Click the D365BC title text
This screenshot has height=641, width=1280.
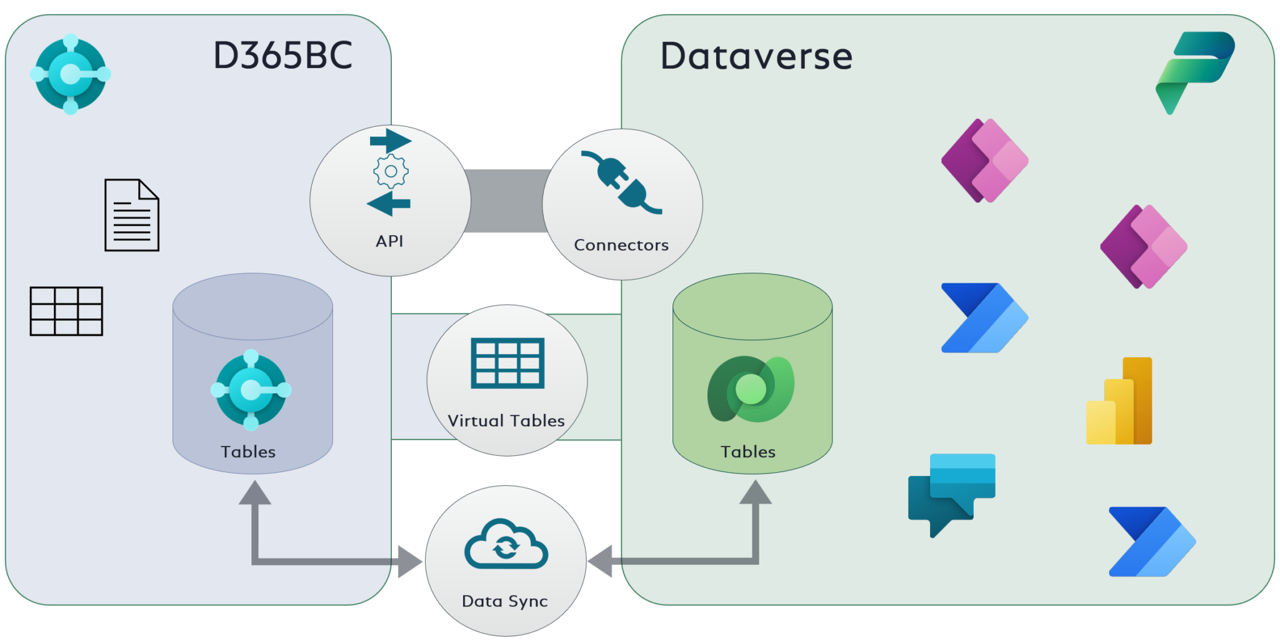tap(282, 56)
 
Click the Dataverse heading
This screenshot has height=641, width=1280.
tap(756, 56)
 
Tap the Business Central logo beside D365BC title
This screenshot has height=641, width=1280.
tap(71, 74)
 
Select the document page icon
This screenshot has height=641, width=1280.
tap(131, 215)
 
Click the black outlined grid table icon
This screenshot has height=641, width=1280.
tap(66, 311)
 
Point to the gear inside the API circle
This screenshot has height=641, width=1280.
tap(391, 171)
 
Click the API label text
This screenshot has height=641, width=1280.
tap(389, 241)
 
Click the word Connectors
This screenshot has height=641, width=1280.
tap(621, 245)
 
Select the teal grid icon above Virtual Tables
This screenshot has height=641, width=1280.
tap(507, 363)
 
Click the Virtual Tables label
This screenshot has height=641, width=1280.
tap(506, 421)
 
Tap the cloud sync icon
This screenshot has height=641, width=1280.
tap(506, 544)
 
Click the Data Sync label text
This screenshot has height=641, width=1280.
tap(504, 601)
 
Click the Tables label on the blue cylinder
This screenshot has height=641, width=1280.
tap(248, 452)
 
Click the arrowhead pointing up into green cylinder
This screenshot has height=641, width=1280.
tap(756, 492)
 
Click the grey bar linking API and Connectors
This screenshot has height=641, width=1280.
tap(507, 201)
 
